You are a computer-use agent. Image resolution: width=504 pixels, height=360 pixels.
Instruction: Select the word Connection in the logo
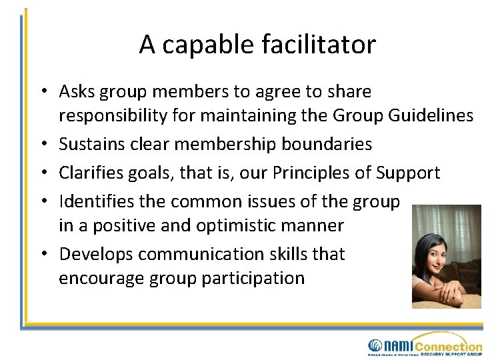(x=448, y=345)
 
